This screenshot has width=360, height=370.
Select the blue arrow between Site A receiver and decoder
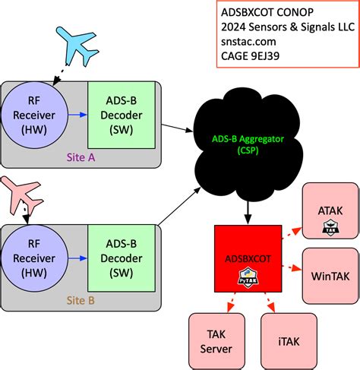77,115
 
